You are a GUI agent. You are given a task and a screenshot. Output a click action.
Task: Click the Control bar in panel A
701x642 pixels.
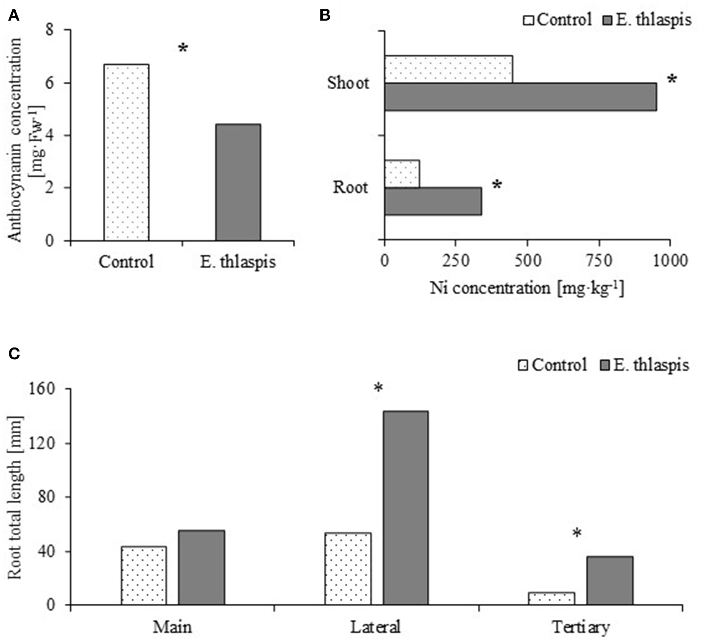click(126, 152)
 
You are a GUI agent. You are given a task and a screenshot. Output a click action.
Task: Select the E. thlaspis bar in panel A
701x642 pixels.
click(238, 182)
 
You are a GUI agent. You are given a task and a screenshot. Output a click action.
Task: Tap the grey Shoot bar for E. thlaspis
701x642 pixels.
click(520, 97)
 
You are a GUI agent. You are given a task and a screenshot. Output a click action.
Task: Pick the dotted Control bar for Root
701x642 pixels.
click(402, 173)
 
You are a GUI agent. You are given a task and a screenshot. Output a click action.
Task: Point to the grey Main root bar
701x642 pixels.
click(201, 567)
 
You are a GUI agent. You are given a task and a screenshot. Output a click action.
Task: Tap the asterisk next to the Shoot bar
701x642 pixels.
click(672, 80)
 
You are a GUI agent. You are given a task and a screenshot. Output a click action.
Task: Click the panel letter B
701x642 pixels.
click(325, 16)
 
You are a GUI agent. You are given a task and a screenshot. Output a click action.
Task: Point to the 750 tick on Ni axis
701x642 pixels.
click(598, 260)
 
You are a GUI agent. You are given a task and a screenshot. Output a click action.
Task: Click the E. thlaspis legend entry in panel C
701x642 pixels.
click(644, 365)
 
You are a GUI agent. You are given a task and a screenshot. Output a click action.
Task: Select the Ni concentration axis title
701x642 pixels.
click(527, 288)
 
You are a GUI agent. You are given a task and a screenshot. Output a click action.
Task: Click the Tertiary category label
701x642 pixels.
click(580, 627)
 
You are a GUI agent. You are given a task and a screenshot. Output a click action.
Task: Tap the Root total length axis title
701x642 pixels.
click(15, 496)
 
